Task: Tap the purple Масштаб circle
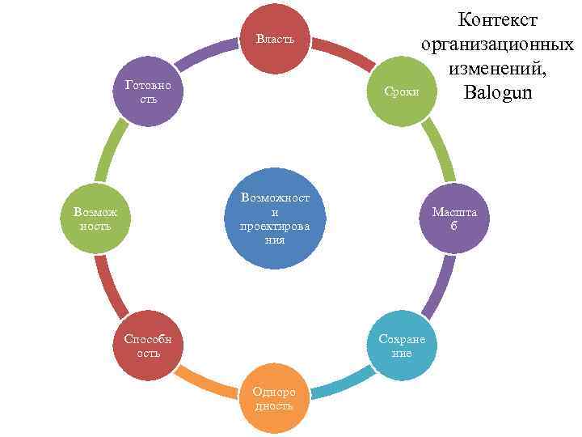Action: coord(453,218)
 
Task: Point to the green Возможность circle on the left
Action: coord(95,218)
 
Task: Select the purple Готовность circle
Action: coord(149,91)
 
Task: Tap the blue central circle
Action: coord(275,218)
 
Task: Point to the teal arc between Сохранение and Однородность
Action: coord(344,384)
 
